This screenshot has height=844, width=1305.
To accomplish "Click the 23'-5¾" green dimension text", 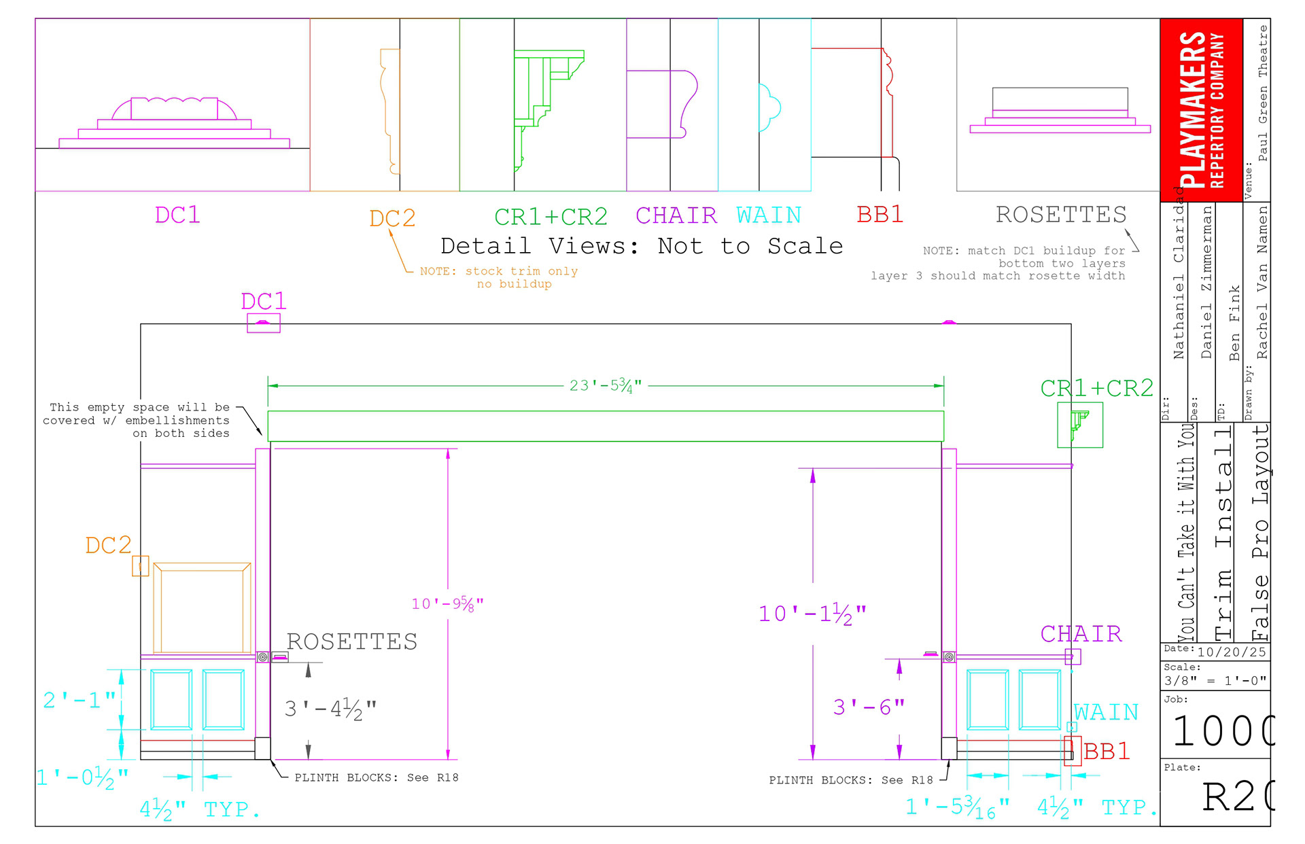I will [x=606, y=386].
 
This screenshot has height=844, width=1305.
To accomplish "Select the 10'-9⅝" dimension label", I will [x=447, y=603].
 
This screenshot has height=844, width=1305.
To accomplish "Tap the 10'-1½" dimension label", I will [x=812, y=614].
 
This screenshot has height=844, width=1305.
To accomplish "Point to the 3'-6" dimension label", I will [x=869, y=707].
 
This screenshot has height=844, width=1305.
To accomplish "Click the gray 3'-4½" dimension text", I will [x=330, y=709].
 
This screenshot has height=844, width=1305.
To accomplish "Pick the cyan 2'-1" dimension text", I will [x=79, y=700].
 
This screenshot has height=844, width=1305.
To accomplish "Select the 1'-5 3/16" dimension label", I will [x=957, y=807].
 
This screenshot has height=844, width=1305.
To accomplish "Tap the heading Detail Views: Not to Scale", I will [x=641, y=246].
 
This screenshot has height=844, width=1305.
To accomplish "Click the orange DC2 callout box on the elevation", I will [x=141, y=566].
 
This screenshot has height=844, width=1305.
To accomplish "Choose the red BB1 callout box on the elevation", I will [x=1073, y=751].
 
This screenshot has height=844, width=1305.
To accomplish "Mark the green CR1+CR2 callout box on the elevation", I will [x=1079, y=425].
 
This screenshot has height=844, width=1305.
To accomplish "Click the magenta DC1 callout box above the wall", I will [x=263, y=323].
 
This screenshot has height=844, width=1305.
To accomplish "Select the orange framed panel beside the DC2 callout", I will [x=202, y=608].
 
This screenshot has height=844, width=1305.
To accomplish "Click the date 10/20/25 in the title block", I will [x=1232, y=652].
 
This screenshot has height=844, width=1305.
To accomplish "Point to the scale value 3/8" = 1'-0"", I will [x=1215, y=680].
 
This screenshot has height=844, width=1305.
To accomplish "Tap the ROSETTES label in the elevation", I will [x=351, y=641].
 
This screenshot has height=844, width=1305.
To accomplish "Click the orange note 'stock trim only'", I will [x=499, y=272].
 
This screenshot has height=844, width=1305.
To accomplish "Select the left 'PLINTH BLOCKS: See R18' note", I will [x=376, y=777].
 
